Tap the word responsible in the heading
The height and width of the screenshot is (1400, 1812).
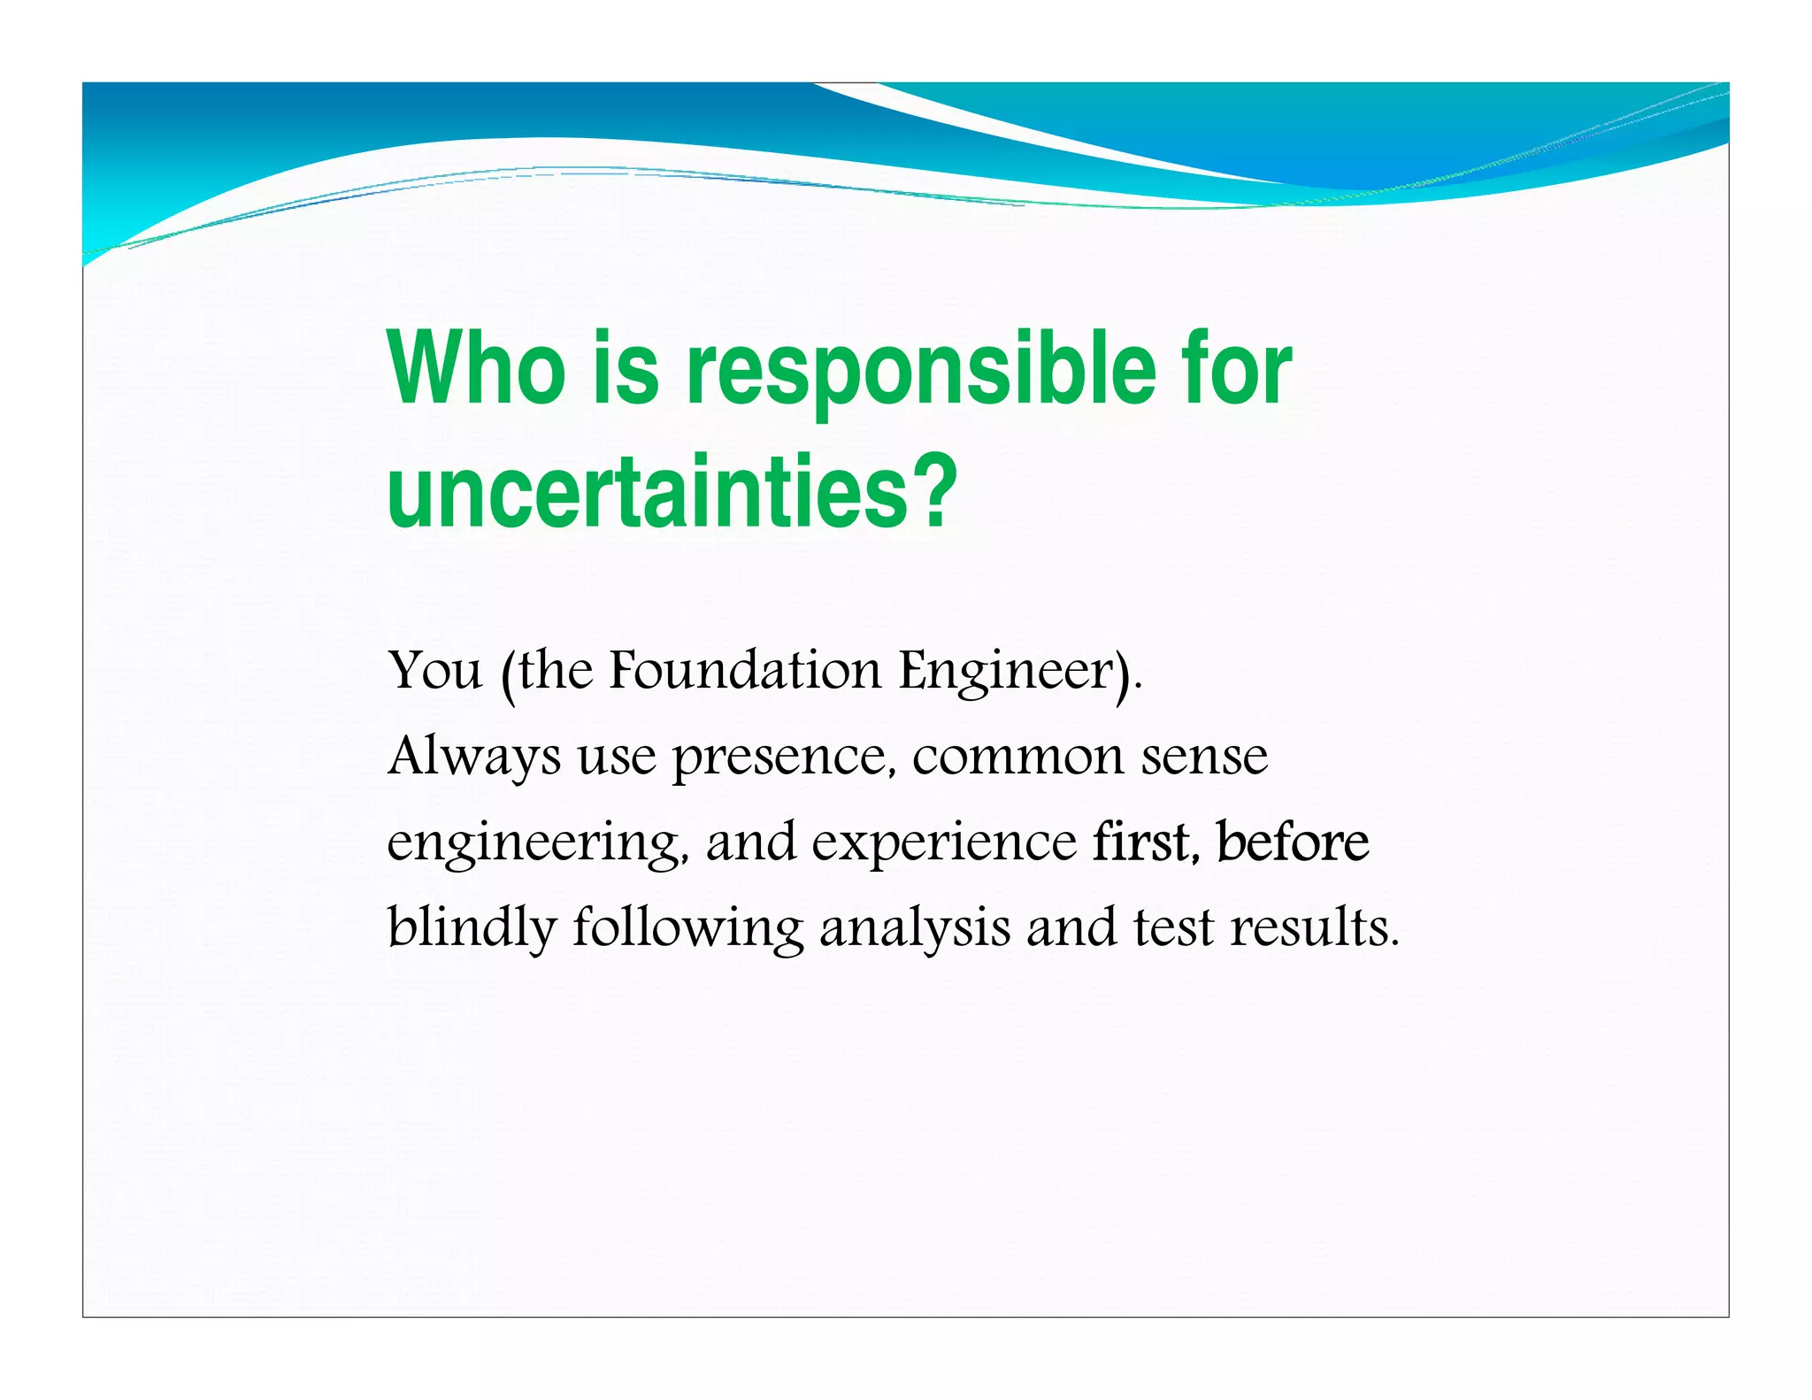(x=921, y=372)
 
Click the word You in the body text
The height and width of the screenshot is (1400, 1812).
(x=434, y=670)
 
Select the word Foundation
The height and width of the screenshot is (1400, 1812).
(x=745, y=670)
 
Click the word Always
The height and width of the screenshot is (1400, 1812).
(x=473, y=758)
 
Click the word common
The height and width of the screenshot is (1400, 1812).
(x=1017, y=758)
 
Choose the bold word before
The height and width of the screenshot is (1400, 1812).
(x=1292, y=842)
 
